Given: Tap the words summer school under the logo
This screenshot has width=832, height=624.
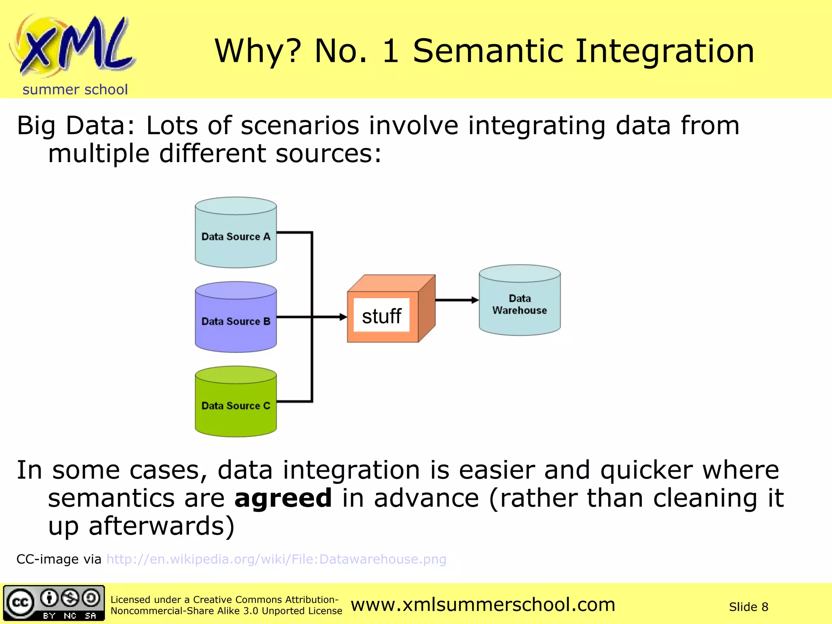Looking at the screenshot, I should [x=75, y=89].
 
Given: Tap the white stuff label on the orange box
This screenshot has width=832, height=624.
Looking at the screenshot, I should [x=381, y=316].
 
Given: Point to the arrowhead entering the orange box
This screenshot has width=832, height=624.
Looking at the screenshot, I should [x=343, y=317].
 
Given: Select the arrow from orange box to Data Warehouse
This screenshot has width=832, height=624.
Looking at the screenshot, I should [x=457, y=300].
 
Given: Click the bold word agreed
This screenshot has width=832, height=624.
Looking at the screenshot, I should [x=283, y=498].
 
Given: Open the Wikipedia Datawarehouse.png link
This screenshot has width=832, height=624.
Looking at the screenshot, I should [x=276, y=559].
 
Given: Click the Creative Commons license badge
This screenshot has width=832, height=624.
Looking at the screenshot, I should [x=54, y=603].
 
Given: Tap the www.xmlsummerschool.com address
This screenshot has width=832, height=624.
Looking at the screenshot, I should [x=483, y=604].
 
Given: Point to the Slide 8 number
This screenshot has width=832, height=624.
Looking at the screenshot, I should [x=748, y=607].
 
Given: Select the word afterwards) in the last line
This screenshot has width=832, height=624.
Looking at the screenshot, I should [x=161, y=526].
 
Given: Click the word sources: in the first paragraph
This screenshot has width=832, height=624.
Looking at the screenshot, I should [x=328, y=154].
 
